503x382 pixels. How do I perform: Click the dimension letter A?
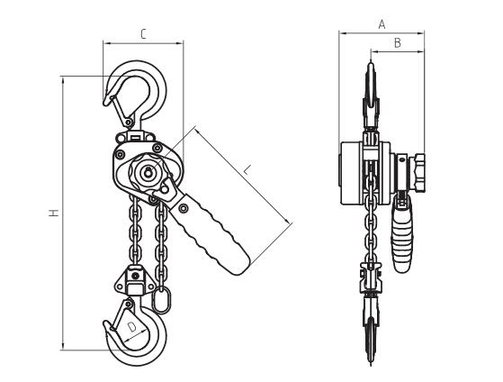382,24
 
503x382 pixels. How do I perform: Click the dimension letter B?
397,42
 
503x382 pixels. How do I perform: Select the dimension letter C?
143,33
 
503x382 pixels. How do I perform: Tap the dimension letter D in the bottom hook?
132,328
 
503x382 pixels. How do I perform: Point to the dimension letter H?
54,213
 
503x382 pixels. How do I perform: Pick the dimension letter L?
246,169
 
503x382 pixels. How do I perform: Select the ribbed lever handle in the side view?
401,233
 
